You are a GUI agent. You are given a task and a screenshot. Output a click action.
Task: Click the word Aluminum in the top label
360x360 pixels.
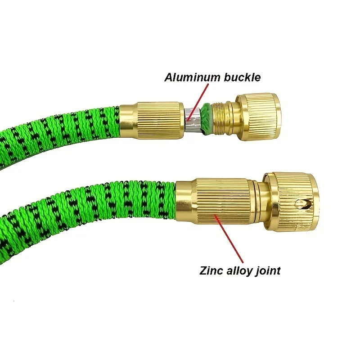click(x=192, y=77)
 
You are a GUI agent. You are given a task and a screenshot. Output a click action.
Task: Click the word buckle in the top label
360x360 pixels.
click(x=242, y=77)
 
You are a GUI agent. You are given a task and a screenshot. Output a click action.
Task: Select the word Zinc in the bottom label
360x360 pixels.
click(x=211, y=270)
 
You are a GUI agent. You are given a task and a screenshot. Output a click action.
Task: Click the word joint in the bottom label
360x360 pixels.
click(x=268, y=270)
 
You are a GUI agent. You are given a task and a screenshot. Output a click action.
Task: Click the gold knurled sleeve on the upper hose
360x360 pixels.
click(x=155, y=119)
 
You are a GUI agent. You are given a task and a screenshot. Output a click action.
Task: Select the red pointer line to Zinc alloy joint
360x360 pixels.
click(x=229, y=238)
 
